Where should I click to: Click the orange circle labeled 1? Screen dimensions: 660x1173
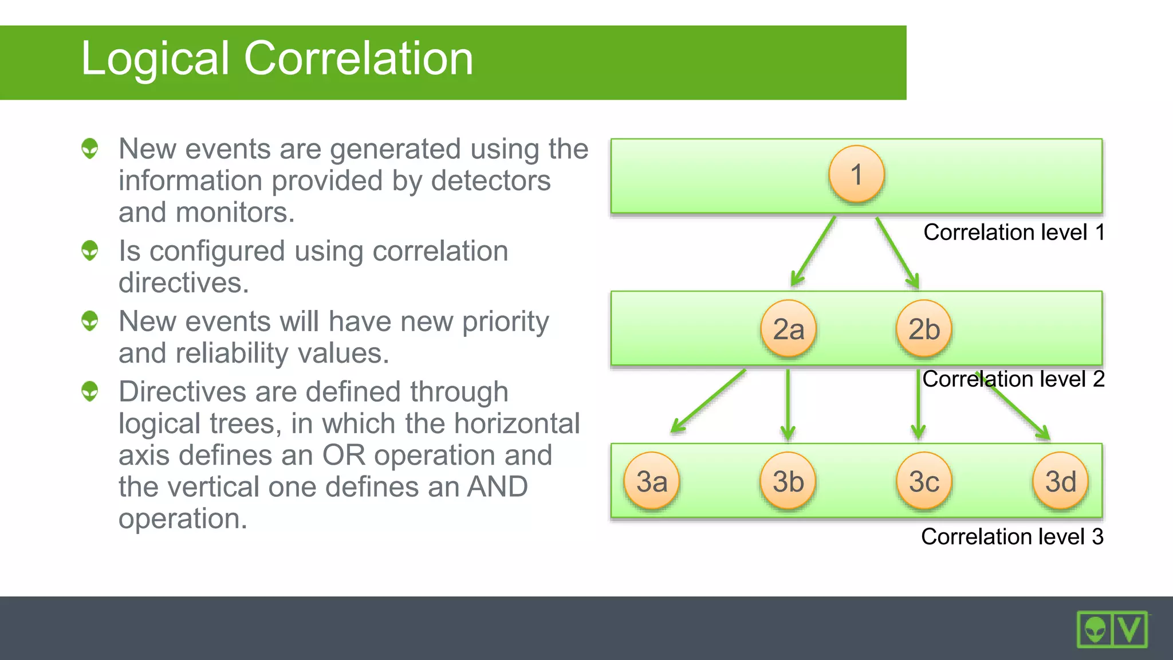click(x=856, y=174)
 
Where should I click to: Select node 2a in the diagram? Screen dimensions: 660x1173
click(x=788, y=329)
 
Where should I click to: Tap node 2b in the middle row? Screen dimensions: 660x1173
click(x=924, y=329)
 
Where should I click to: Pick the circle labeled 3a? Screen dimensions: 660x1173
click(x=652, y=481)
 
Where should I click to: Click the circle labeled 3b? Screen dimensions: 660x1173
click(x=788, y=481)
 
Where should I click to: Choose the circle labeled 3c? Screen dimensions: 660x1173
click(x=924, y=481)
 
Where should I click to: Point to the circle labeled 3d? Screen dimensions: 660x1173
click(x=1060, y=481)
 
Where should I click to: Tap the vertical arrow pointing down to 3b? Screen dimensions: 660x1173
click(x=788, y=404)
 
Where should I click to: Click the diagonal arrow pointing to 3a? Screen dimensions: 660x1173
click(x=708, y=400)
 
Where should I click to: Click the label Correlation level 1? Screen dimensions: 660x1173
click(x=1014, y=233)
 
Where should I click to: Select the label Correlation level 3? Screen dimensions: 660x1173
click(x=1011, y=537)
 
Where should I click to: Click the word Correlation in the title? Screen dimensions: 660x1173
click(x=359, y=58)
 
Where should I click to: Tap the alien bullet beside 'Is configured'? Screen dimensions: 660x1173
click(x=90, y=251)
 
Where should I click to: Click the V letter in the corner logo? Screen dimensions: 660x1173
click(x=1130, y=630)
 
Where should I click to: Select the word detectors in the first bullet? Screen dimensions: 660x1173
click(x=490, y=181)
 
